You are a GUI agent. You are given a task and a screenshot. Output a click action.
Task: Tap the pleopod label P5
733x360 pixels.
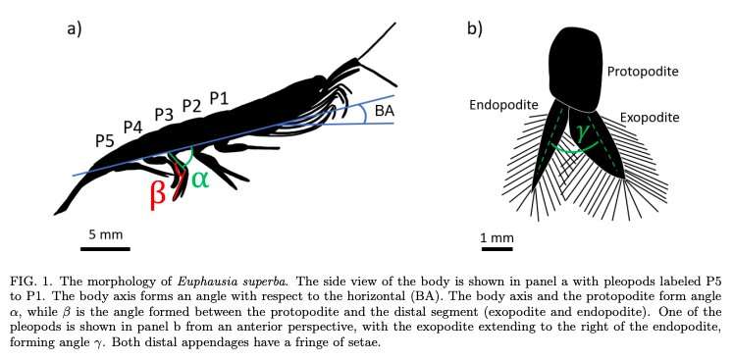(105, 140)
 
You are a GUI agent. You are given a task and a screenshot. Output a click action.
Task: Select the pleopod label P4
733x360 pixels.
(133, 127)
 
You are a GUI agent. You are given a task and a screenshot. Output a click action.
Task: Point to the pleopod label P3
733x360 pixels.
(163, 115)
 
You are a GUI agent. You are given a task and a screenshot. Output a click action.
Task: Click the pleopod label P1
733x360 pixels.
(219, 97)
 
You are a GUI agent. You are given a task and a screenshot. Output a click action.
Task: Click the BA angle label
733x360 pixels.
(384, 111)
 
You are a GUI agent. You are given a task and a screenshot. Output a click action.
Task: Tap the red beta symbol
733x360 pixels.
(157, 193)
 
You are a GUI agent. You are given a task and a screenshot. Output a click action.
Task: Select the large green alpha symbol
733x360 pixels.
(199, 179)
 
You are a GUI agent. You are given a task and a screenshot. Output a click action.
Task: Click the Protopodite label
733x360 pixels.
(643, 72)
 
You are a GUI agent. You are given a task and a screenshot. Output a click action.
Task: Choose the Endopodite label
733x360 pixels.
(502, 104)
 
